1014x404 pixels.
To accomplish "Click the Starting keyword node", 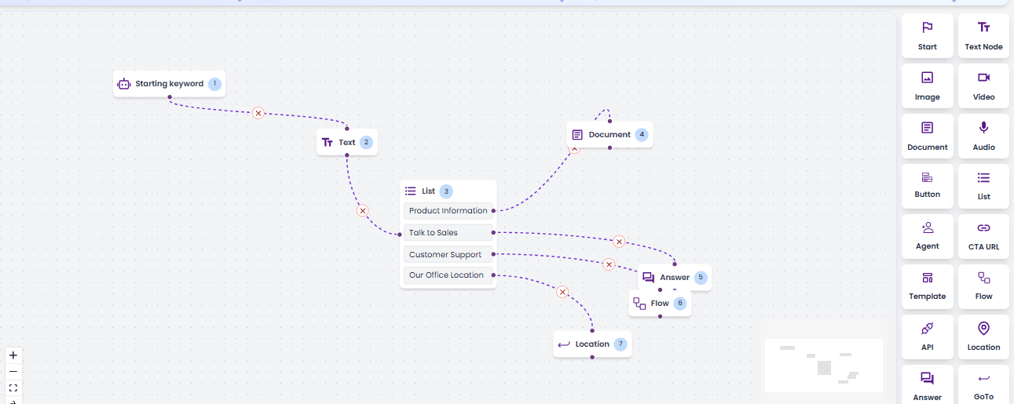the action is [169, 84].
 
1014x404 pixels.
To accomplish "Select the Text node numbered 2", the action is [346, 142].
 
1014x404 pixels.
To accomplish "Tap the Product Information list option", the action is [448, 210].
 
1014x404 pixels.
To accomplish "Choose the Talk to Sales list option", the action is [448, 233].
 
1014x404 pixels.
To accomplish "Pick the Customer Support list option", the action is [448, 254].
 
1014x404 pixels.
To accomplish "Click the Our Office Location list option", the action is [448, 275].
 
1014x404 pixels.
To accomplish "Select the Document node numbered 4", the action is [609, 135].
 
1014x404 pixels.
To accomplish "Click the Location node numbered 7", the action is [592, 344].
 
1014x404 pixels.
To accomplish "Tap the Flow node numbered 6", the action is [660, 304].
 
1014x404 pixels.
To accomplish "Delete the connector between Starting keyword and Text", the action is [258, 113].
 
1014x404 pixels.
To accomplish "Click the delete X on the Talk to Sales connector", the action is [619, 242].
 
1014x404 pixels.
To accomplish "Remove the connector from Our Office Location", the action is [562, 292].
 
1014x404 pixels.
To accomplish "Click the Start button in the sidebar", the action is [927, 36].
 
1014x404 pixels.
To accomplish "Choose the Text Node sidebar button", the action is [983, 36].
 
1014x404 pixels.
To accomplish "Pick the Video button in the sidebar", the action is [983, 86].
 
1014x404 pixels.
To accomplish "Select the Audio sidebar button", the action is [983, 136].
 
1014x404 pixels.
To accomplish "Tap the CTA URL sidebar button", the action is [983, 236].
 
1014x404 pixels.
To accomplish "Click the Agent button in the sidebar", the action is [927, 236].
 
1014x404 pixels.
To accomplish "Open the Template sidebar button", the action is [927, 286].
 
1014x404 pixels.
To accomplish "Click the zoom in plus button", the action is [13, 355].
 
